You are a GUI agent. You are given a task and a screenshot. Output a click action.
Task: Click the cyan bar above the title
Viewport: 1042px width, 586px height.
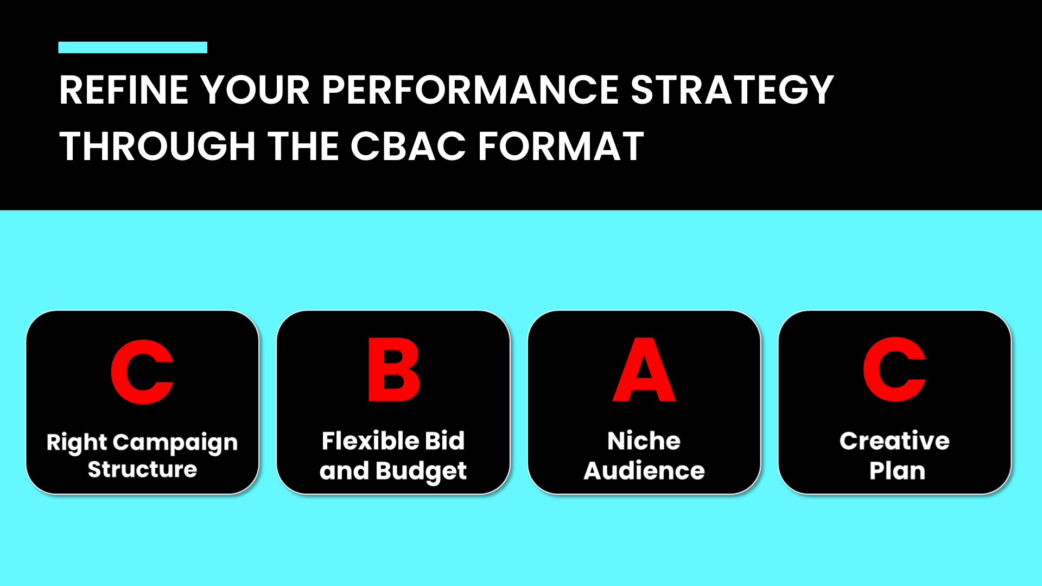point(132,47)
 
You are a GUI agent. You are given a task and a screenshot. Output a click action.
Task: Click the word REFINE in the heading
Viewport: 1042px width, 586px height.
point(124,90)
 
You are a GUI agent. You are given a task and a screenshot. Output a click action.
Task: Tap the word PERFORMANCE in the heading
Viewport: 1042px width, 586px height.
point(470,90)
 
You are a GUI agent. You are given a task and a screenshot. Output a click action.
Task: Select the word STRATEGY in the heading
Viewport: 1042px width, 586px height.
point(732,90)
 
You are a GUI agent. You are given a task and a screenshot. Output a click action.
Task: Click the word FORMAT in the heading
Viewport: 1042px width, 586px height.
point(561,146)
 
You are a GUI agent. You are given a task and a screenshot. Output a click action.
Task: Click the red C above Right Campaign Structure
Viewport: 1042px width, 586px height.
point(142,372)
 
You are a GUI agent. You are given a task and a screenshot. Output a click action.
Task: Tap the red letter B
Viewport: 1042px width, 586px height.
point(393,370)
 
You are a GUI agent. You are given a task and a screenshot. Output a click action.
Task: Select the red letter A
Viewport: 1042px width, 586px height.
point(644,370)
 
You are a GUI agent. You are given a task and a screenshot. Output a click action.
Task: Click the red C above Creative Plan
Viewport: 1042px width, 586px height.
point(894,370)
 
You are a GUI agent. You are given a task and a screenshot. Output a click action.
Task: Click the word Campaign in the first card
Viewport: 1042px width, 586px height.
point(175,443)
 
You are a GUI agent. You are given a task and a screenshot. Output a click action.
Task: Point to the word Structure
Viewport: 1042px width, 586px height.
point(142,469)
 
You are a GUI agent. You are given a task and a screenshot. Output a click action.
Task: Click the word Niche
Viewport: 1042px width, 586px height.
point(644,441)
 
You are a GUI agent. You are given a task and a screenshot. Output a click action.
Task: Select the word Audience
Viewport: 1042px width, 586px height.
point(644,470)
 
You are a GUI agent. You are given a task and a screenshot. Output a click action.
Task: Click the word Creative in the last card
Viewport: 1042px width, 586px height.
point(895,441)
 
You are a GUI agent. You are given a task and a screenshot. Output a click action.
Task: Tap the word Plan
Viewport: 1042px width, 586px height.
point(897,470)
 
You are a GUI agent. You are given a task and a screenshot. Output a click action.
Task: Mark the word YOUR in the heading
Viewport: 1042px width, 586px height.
point(255,90)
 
